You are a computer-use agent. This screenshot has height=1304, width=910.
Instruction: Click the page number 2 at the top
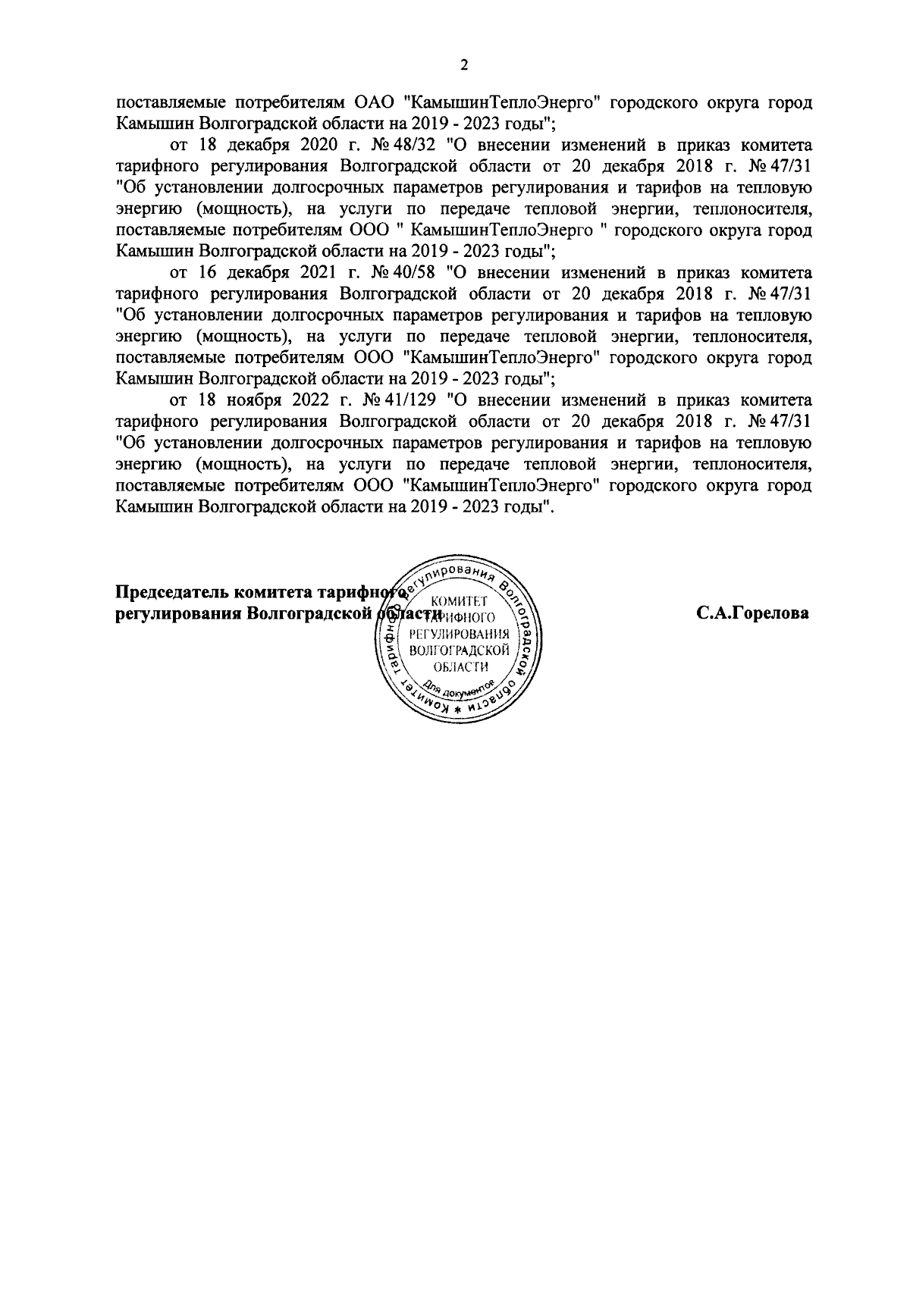coord(464,66)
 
